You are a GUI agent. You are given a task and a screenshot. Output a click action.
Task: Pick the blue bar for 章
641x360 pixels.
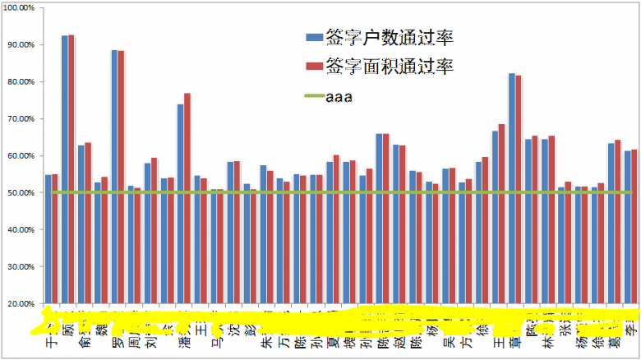tap(511, 188)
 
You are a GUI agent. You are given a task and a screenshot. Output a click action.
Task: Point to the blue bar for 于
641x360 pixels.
tap(48, 238)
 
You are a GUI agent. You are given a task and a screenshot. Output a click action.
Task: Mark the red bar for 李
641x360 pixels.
tap(634, 226)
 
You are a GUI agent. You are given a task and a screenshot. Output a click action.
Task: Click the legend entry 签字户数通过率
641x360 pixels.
tap(379, 37)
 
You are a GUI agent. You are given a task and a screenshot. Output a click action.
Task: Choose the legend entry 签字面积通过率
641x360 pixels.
tap(379, 66)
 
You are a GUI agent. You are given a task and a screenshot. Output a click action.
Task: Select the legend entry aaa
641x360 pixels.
tap(329, 97)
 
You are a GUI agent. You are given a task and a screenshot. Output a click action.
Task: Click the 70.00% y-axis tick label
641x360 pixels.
tap(20, 119)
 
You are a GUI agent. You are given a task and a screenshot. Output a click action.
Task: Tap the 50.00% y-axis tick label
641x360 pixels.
tap(20, 193)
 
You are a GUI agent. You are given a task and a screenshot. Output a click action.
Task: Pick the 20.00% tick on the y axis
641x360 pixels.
tap(20, 304)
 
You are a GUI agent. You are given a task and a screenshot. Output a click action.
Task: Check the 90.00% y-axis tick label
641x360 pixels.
tap(20, 45)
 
